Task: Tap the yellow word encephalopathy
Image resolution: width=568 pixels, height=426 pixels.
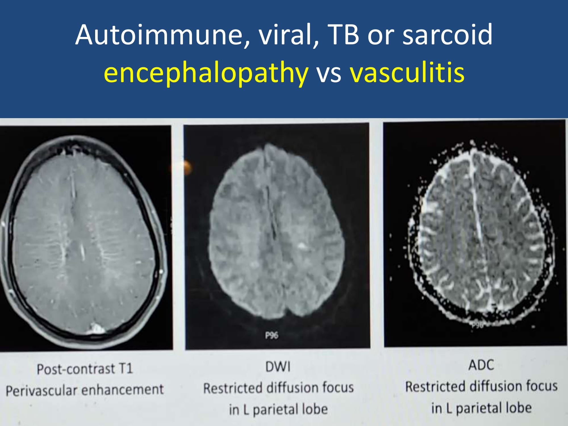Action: click(206, 73)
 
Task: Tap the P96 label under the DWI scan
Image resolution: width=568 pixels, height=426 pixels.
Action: click(272, 336)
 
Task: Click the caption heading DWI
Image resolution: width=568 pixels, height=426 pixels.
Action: click(278, 367)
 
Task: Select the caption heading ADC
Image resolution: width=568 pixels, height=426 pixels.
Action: click(481, 365)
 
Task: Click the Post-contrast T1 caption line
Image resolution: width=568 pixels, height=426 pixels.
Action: click(85, 369)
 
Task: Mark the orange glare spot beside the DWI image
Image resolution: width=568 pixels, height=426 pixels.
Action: click(185, 167)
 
